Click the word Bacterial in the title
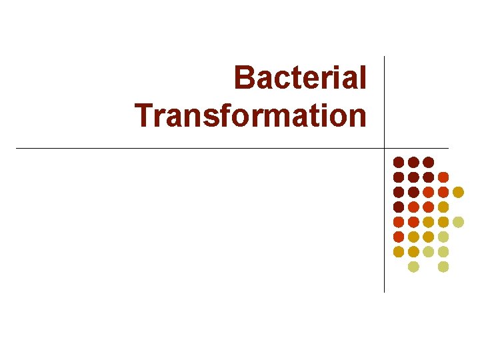pos(300,78)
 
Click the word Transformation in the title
pos(251,115)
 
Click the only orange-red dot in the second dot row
pos(443,177)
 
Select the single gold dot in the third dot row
pos(458,192)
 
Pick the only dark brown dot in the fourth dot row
pos(399,207)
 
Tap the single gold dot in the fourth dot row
pos(443,207)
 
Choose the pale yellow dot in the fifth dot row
pos(458,221)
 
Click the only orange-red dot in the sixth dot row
pos(399,237)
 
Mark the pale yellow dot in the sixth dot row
pos(443,237)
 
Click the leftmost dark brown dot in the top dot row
pos(399,162)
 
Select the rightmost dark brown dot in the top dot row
pos(429,162)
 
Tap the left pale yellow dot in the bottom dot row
pos(413,267)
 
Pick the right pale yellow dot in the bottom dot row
pos(443,267)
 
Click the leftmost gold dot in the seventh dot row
pos(399,251)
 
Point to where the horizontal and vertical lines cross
pos(385,148)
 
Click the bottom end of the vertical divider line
pos(385,291)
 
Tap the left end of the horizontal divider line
pos(17,148)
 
